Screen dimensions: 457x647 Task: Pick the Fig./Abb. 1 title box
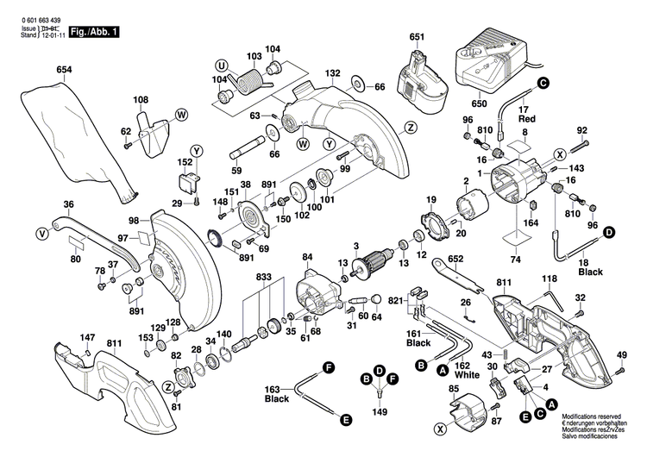(96, 32)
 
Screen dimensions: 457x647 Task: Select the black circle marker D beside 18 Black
(608, 232)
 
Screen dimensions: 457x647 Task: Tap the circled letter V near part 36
(41, 232)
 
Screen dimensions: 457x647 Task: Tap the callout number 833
(262, 278)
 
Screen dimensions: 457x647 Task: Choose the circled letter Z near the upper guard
(411, 127)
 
